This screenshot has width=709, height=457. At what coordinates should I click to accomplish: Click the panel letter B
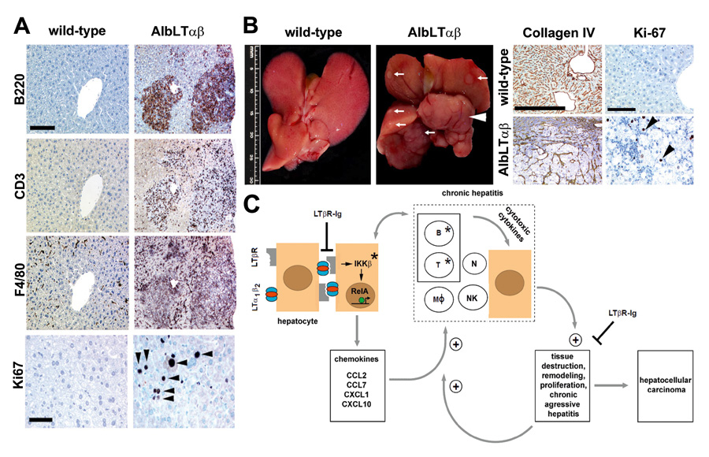(x=250, y=24)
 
